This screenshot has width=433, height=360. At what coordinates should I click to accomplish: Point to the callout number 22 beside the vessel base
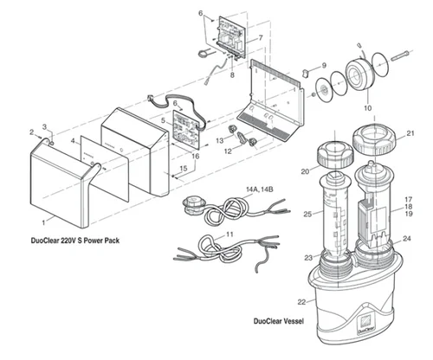(x=301, y=302)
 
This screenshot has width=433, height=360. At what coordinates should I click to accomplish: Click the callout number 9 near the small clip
(x=324, y=66)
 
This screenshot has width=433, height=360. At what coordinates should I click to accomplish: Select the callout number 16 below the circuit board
(x=196, y=156)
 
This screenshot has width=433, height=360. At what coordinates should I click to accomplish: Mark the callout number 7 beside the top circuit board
(x=258, y=38)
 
